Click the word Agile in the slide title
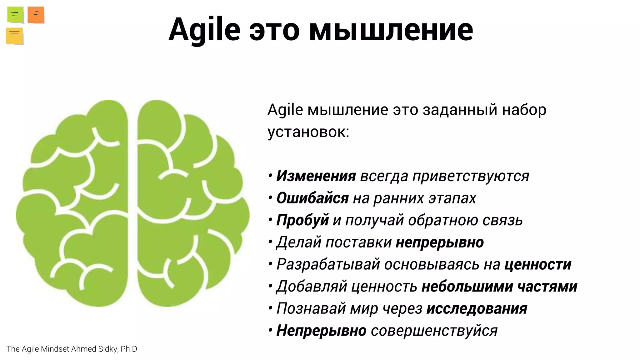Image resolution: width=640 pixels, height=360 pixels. (x=204, y=30)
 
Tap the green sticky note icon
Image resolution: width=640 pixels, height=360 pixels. (x=15, y=14)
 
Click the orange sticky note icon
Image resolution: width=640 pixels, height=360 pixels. (x=36, y=15)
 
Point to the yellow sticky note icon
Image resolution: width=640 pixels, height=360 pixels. (x=14, y=36)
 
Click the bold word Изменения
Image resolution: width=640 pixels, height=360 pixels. (x=316, y=176)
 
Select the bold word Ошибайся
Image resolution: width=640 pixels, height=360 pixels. (x=312, y=198)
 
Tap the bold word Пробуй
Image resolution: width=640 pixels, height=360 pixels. (x=302, y=220)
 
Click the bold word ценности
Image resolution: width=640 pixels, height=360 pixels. (x=538, y=264)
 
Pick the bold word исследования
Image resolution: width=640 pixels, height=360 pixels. (x=477, y=309)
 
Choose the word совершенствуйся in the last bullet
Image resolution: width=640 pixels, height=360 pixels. (x=434, y=331)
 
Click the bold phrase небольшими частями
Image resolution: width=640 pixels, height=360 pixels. (x=499, y=287)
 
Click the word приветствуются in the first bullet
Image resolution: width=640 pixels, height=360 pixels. (x=471, y=176)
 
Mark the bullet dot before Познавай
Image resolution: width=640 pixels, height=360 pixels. (x=270, y=309)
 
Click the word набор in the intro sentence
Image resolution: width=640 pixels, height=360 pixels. (x=524, y=110)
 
